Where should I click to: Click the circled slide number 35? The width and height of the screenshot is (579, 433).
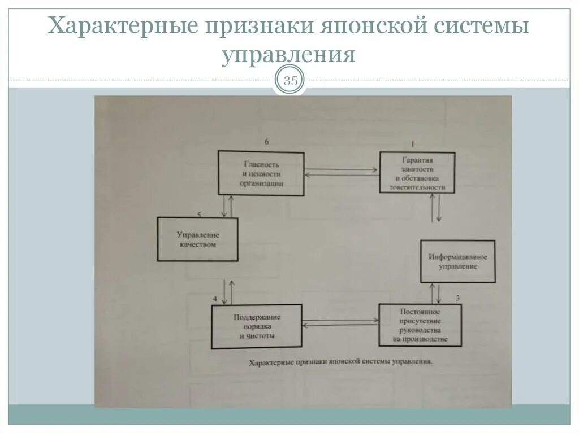(x=290, y=81)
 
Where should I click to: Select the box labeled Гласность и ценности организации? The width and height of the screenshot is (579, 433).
(x=261, y=174)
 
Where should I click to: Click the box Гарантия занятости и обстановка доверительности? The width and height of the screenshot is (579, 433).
(x=417, y=172)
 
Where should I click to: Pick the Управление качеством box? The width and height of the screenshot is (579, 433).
(x=197, y=239)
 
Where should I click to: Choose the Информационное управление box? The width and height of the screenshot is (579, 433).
(x=457, y=261)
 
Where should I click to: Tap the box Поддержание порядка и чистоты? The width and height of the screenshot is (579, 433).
(x=257, y=326)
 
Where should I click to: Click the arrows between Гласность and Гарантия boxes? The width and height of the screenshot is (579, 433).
(x=342, y=172)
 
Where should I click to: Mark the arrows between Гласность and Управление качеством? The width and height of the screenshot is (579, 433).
(x=227, y=206)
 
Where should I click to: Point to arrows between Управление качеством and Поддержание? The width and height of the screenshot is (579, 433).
(x=227, y=291)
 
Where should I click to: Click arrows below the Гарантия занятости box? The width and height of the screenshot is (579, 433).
(x=435, y=208)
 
